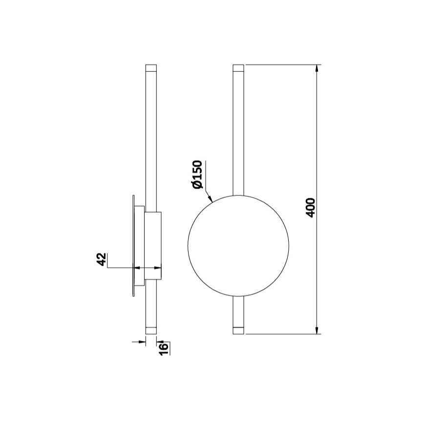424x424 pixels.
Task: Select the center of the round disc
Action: click(238, 246)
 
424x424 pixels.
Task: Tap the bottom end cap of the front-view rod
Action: click(238, 330)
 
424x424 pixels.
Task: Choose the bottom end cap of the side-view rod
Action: click(151, 330)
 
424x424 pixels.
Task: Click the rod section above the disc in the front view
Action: click(238, 132)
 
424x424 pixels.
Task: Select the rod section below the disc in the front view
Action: click(238, 310)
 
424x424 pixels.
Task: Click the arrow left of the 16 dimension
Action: click(139, 342)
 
